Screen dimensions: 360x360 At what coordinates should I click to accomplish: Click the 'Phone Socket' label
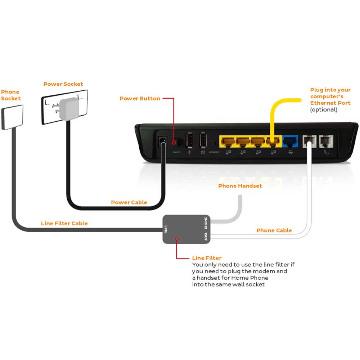10,95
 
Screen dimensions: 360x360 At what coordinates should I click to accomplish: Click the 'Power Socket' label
63,84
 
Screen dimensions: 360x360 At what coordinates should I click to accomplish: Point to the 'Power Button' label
140,98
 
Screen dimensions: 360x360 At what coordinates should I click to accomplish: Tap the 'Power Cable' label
129,202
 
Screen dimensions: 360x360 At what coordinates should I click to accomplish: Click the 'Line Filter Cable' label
64,223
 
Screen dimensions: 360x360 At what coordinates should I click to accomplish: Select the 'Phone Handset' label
240,186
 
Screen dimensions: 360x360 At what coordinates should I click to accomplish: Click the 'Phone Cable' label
274,230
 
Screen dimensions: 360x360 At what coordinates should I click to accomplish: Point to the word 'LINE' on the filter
166,229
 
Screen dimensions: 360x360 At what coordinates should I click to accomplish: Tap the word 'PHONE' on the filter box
206,223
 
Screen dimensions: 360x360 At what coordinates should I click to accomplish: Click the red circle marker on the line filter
176,239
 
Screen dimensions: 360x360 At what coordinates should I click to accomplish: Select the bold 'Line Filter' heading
207,258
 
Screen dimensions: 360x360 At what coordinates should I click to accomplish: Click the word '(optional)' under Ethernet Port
324,109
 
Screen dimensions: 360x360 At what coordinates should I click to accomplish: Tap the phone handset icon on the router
326,152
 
